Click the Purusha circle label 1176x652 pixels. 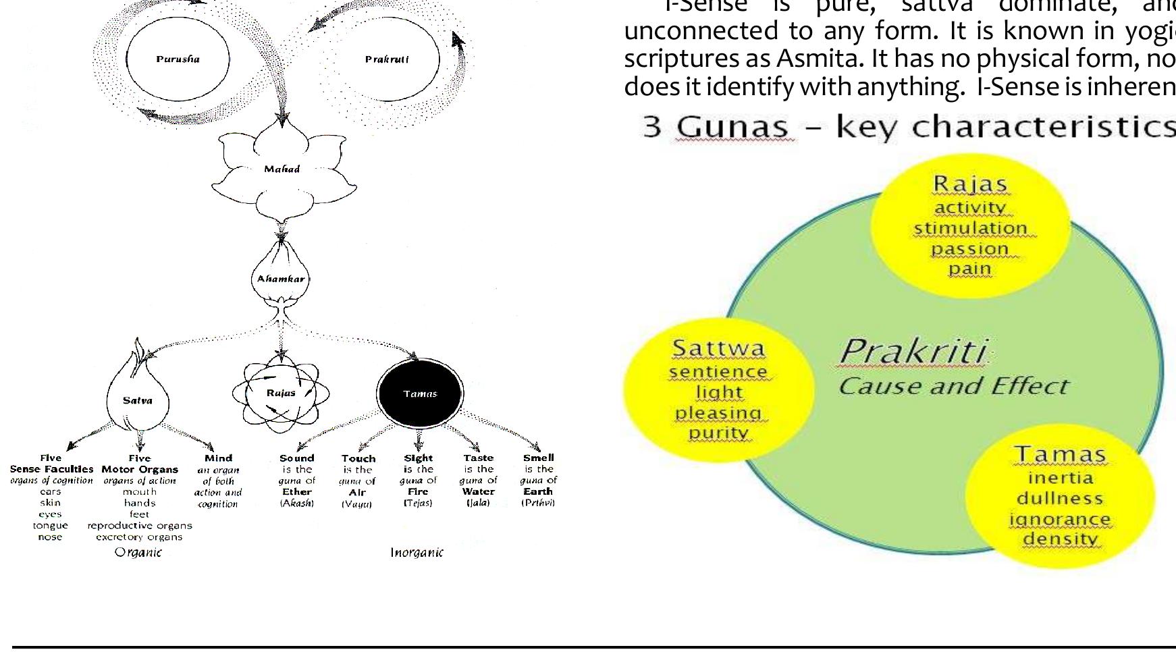[178, 59]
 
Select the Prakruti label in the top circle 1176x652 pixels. [387, 59]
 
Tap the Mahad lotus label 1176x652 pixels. [282, 169]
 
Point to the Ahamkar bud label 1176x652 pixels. [280, 279]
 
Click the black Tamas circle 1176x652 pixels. [420, 393]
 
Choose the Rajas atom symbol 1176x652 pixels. [281, 393]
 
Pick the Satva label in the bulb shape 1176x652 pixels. [138, 400]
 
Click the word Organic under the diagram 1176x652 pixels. [138, 552]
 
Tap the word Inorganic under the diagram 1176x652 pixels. [417, 552]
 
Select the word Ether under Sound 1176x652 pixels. [297, 492]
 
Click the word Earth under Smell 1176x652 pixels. [538, 492]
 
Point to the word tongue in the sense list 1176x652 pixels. [51, 525]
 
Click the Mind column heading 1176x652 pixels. [218, 458]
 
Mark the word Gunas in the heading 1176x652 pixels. [736, 126]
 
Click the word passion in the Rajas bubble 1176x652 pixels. [970, 248]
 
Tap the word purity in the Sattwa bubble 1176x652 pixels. [718, 433]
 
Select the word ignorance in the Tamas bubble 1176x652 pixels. [1060, 519]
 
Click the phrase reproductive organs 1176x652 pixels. [140, 525]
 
